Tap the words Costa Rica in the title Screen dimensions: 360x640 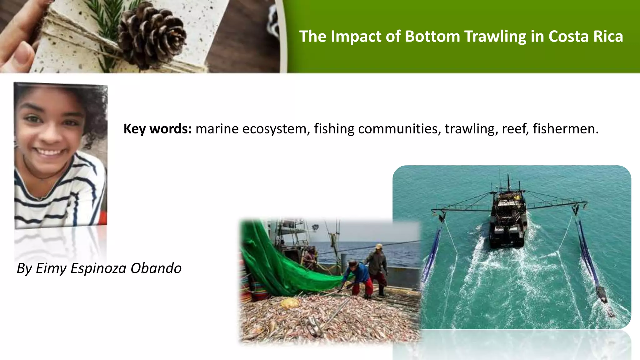(x=586, y=37)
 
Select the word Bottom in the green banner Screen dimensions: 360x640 (x=432, y=37)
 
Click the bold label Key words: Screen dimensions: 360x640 (x=157, y=129)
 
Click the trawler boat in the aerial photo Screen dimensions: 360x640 (x=508, y=216)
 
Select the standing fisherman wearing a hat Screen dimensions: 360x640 (x=378, y=266)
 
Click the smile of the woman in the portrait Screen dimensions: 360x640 (x=50, y=153)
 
